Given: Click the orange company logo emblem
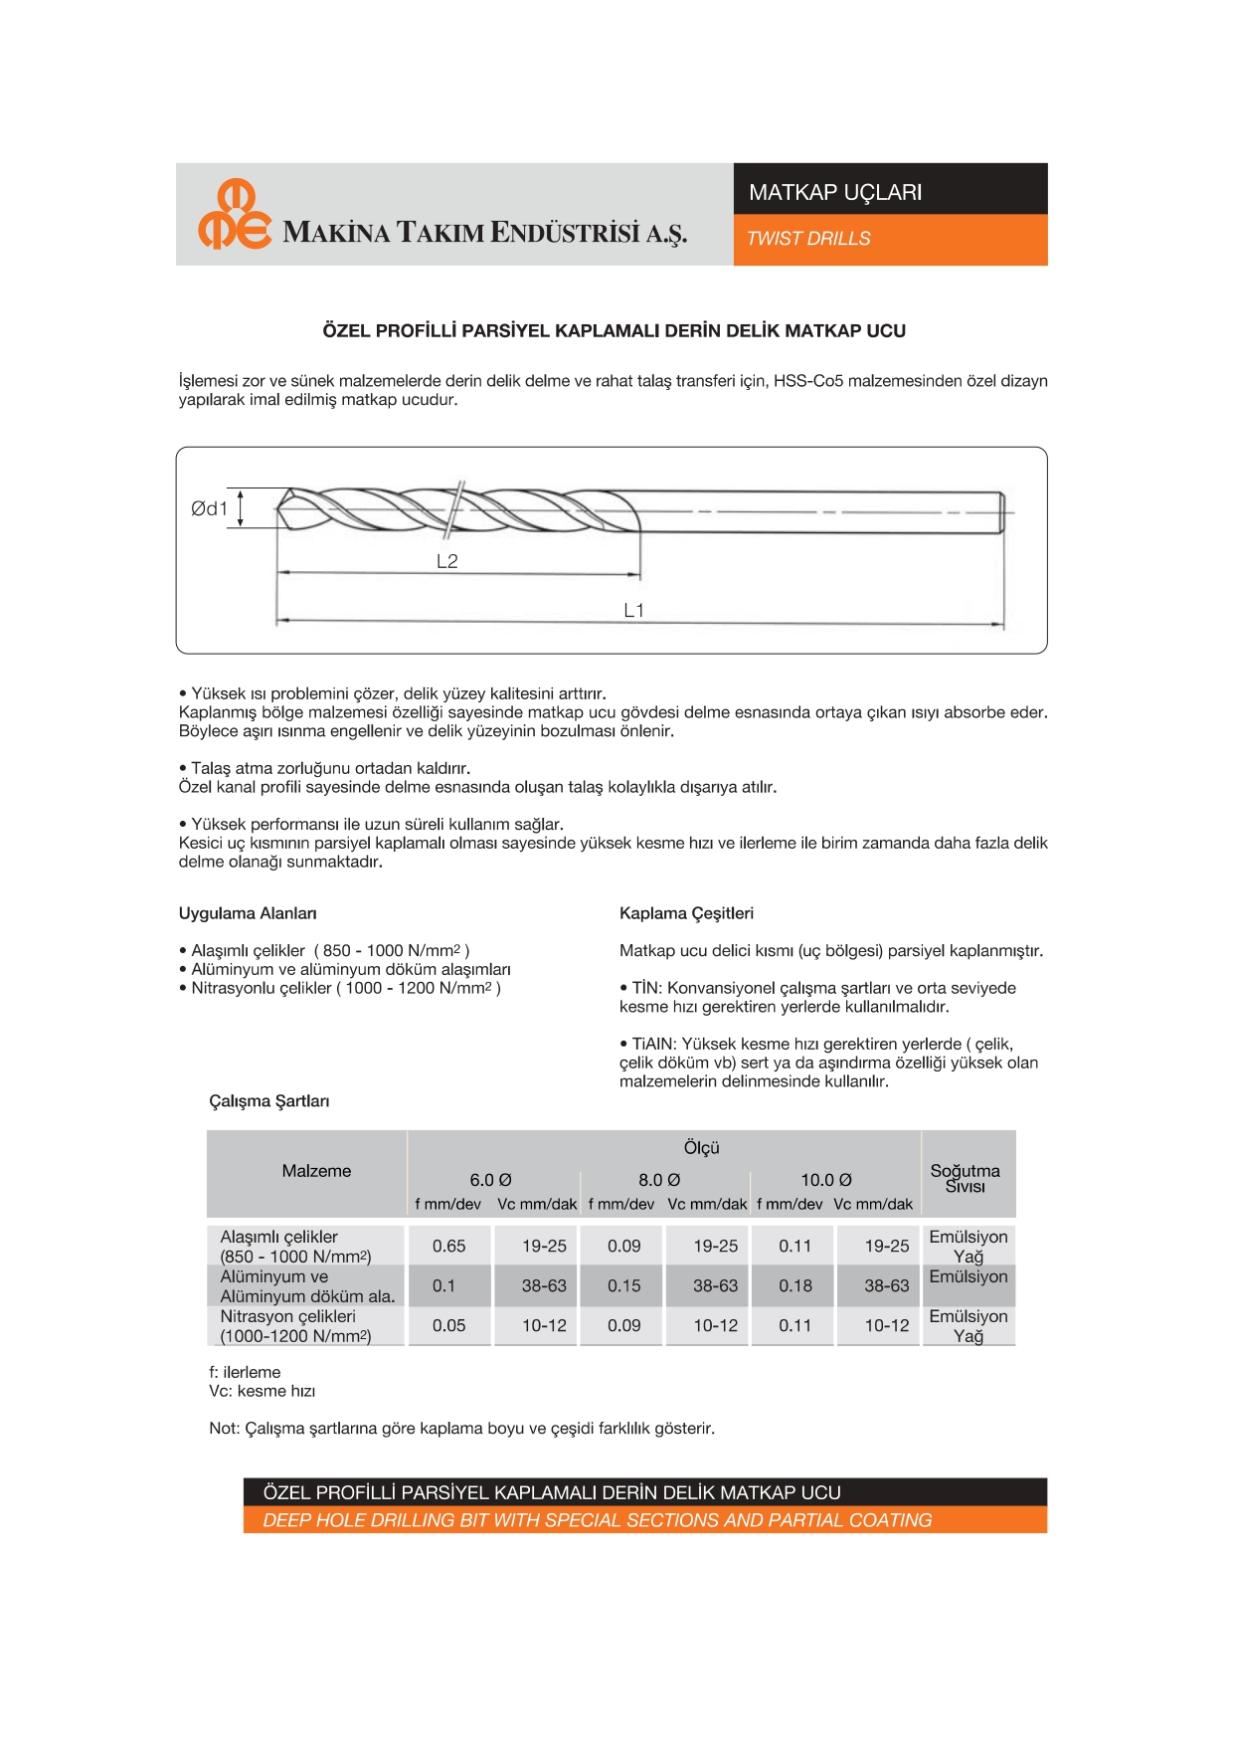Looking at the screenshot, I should coord(234,214).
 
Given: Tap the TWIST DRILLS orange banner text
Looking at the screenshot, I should coord(808,239).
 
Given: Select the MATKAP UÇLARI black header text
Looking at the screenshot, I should coord(835,192).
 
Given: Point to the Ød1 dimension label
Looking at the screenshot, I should coord(209,508).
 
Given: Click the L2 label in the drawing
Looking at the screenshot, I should coord(447,561).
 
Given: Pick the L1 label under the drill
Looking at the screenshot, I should coord(634,610).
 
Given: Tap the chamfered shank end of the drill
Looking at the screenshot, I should coord(1001,512).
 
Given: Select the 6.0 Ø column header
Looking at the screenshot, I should coord(491,1180).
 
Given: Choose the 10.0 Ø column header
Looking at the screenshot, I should coord(826,1180).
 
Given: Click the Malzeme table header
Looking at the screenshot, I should coord(316,1171).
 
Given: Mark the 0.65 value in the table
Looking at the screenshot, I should coord(449,1246).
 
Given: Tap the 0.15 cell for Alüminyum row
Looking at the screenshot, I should coord(624,1285).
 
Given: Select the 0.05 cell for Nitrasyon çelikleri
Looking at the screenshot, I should coord(449,1325).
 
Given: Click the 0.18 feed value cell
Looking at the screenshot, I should coord(795,1285).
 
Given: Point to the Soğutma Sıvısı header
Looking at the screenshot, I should coord(966,1178).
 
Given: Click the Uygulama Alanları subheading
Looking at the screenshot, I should coord(248,913).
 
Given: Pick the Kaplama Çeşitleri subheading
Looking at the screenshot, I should coord(686,913).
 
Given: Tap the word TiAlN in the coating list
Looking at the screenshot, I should coord(654,1044).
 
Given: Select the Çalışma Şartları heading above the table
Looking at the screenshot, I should coord(269,1101).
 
